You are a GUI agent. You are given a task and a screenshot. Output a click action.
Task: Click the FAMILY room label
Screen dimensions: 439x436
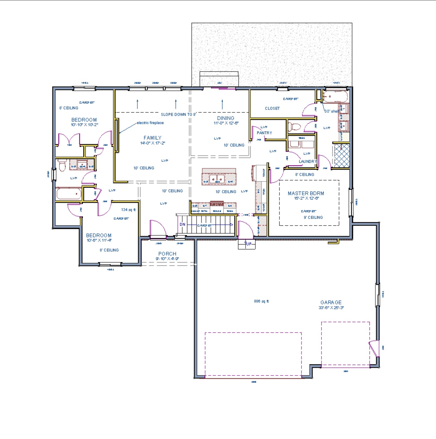(152, 138)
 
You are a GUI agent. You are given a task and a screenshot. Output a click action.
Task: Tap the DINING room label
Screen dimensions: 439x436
(226, 118)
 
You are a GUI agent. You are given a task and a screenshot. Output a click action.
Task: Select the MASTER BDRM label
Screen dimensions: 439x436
(306, 193)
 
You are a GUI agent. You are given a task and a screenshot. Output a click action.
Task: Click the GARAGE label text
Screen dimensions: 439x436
(331, 302)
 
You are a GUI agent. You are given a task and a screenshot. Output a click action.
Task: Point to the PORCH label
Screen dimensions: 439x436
(167, 254)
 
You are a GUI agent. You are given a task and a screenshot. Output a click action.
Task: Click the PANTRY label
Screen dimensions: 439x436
(264, 133)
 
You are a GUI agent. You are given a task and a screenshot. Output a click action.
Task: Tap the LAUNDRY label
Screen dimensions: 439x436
(308, 161)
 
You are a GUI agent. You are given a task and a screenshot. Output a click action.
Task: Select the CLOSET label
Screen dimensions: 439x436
(272, 108)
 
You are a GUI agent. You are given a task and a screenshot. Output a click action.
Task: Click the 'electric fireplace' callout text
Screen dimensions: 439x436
(150, 123)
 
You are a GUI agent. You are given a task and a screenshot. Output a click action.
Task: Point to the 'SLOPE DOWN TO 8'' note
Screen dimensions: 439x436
(179, 114)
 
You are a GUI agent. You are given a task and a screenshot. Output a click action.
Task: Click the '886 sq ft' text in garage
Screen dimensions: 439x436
(261, 301)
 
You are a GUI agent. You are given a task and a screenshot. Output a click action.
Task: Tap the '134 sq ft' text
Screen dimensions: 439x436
(128, 210)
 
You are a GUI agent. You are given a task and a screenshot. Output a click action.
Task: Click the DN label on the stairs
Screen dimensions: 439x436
(182, 224)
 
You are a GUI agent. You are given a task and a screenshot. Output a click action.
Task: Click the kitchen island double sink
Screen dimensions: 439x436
(217, 179)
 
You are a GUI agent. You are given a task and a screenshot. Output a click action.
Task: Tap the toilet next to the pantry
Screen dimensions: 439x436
(294, 127)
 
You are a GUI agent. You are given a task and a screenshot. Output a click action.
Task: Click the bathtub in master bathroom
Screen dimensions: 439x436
(335, 97)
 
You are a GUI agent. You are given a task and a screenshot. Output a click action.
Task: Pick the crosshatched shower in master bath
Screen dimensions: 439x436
(342, 156)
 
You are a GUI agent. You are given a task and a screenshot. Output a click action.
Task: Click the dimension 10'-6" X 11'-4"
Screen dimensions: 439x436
(99, 240)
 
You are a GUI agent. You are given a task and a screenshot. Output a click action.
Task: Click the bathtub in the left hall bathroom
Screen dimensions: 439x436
(69, 194)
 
